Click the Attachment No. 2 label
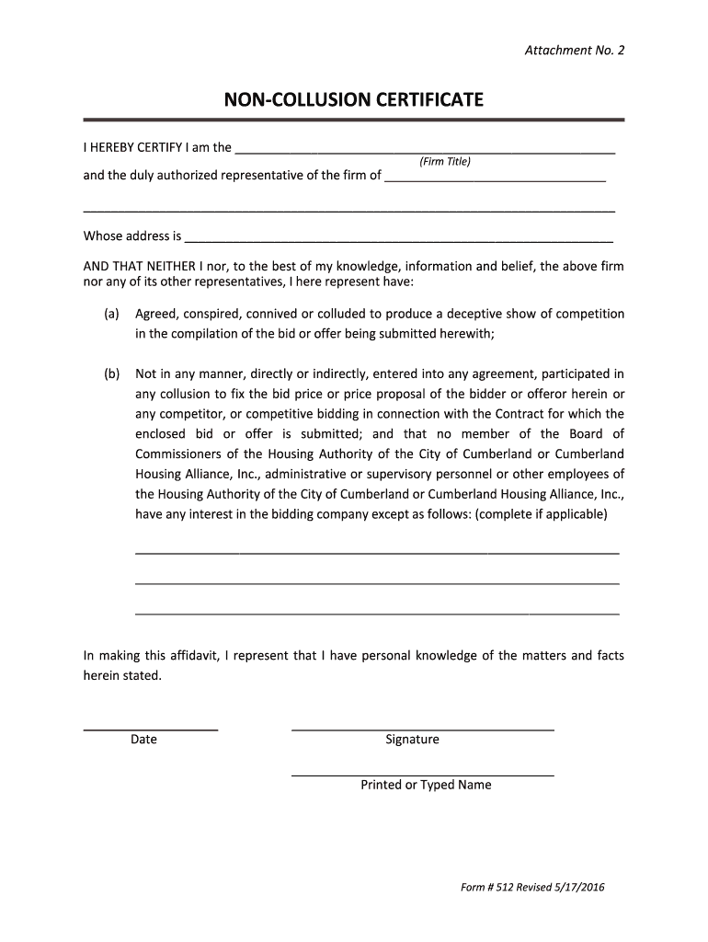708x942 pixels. point(574,51)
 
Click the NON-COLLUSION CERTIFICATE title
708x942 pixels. point(354,99)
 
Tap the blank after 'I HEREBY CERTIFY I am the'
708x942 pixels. point(425,150)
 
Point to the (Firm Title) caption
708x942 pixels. point(445,162)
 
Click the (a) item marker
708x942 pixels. point(111,315)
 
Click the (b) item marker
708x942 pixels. point(111,374)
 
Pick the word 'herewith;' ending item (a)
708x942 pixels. point(468,334)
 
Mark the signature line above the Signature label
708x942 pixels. point(422,729)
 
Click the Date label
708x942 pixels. point(143,740)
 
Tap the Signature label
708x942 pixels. point(412,740)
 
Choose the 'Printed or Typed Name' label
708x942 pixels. point(426,786)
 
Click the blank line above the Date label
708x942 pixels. point(151,729)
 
